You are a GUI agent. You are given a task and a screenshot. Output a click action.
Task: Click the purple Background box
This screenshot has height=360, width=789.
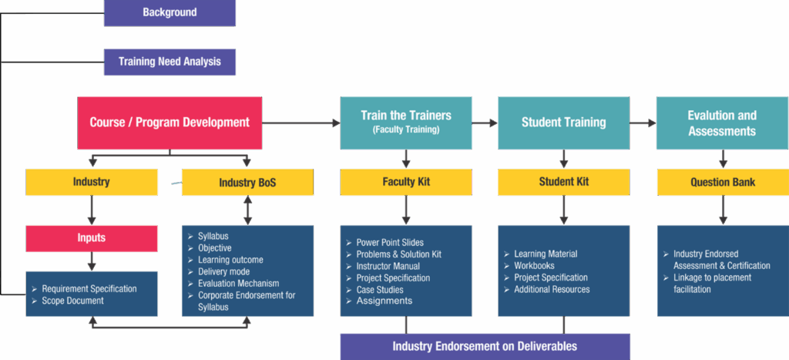(170, 13)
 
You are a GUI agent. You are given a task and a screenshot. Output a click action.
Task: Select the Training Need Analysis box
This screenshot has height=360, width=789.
(170, 62)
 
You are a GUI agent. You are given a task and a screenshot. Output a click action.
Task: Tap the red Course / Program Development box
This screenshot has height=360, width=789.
(170, 123)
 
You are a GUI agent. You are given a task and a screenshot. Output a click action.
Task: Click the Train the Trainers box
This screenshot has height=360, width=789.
(405, 123)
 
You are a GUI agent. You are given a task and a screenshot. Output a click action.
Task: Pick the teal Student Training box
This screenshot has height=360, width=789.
(563, 123)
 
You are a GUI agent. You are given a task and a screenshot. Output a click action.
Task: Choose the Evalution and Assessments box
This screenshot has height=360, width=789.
(722, 123)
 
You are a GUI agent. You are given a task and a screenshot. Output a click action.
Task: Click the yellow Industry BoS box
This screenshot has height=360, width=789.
(247, 183)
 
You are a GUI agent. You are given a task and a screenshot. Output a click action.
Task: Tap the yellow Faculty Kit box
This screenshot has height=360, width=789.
(405, 182)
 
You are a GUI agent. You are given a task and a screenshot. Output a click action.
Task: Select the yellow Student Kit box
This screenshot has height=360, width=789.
(563, 182)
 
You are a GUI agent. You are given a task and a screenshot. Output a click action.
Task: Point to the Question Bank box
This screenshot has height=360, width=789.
(722, 182)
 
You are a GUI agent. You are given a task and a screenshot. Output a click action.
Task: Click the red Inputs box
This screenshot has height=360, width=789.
(92, 238)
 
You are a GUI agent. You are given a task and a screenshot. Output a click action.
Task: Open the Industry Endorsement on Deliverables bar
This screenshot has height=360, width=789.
(485, 346)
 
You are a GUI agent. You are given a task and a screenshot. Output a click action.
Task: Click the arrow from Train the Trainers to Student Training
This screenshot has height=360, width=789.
(485, 123)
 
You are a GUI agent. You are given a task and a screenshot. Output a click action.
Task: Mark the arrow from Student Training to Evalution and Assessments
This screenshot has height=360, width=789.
(643, 123)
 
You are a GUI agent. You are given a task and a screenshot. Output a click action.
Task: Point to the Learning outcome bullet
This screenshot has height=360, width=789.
(230, 260)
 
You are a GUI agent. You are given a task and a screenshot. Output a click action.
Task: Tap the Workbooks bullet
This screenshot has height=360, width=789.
(534, 266)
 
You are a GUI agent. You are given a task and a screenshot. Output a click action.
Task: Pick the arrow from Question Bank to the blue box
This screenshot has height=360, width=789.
(723, 210)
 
